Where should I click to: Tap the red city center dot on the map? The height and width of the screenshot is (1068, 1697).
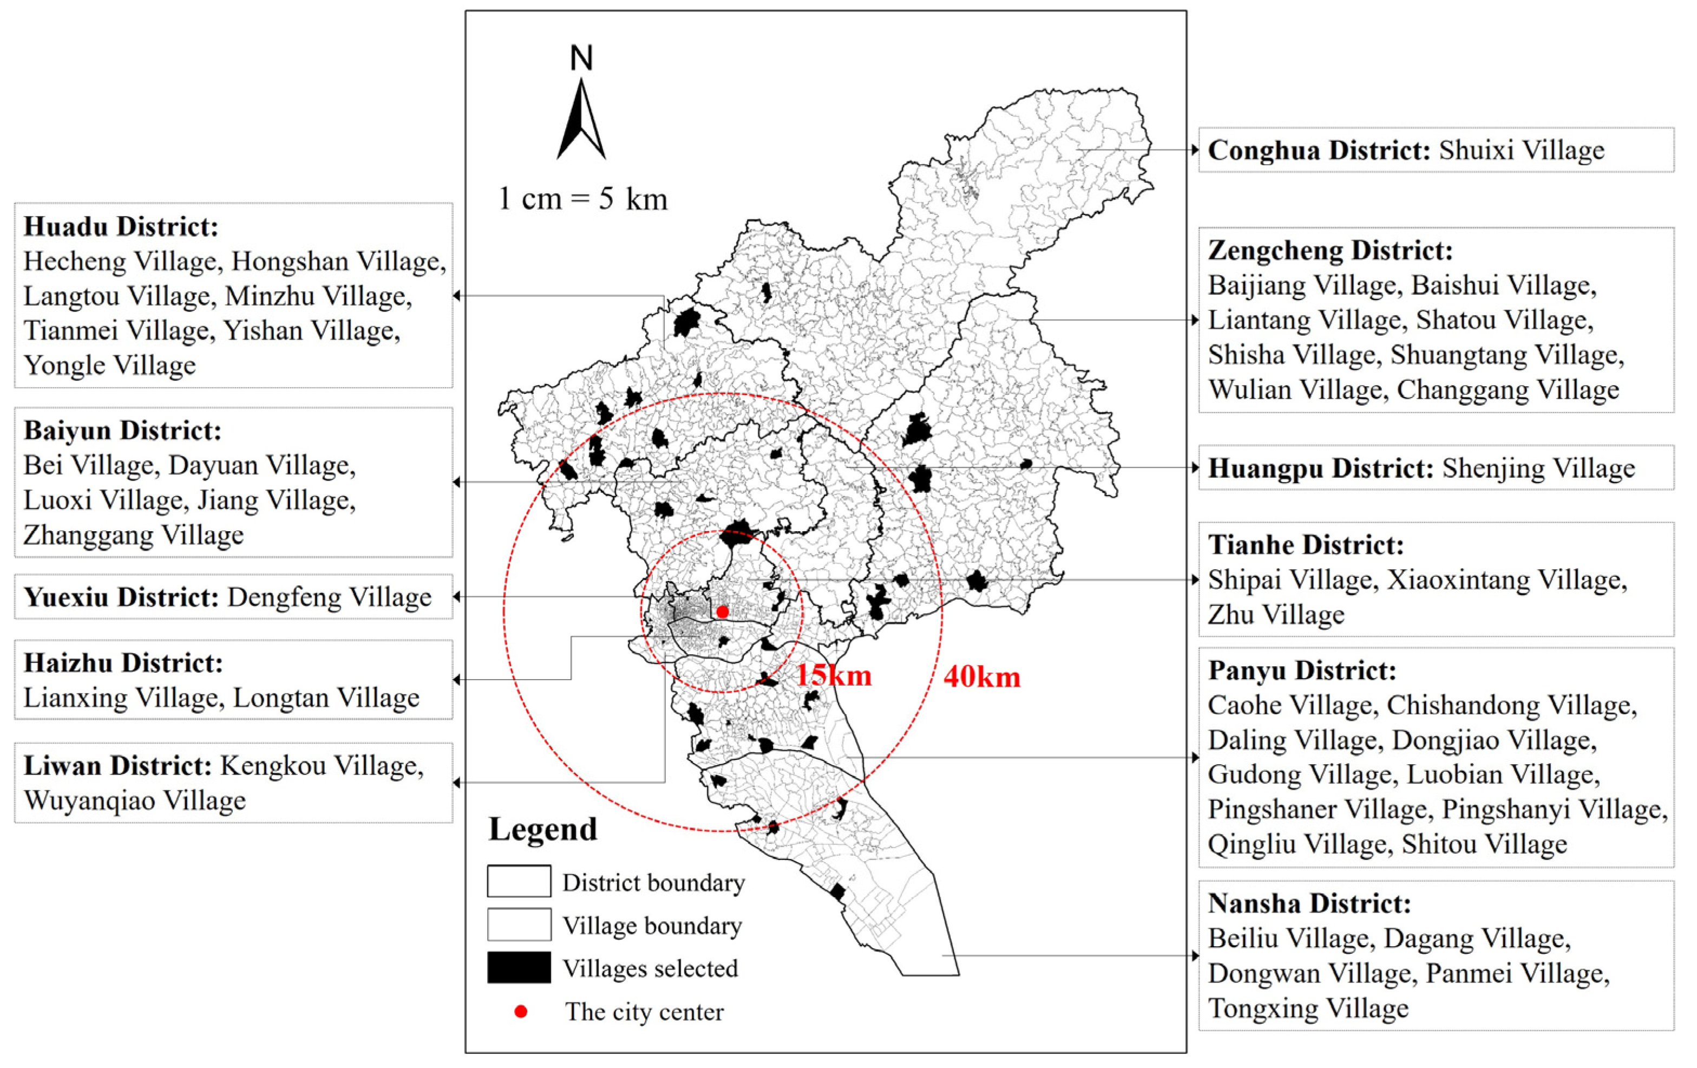point(722,612)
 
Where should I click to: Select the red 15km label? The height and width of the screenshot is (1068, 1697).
point(834,675)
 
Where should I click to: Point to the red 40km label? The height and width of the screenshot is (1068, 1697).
point(982,677)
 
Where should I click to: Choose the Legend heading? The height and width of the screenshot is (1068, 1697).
point(542,829)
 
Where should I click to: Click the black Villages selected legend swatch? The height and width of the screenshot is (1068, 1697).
point(519,967)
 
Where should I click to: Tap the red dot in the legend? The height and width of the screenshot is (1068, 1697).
point(521,1012)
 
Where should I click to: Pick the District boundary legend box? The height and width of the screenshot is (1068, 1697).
point(519,881)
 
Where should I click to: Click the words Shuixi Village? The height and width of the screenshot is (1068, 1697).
point(1522,150)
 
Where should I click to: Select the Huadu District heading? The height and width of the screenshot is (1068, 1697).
point(121,227)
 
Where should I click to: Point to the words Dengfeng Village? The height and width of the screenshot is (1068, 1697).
point(329,597)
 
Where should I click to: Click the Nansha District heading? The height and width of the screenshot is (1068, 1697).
point(1309,904)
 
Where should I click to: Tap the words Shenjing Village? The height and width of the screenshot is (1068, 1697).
point(1538,468)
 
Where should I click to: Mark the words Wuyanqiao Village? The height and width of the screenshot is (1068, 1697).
point(135,801)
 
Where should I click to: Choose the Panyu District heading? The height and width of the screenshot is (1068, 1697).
point(1302,670)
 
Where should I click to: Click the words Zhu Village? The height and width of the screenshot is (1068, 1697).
point(1276,615)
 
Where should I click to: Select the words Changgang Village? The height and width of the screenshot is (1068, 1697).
point(1508,390)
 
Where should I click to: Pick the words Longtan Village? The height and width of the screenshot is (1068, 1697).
point(326,698)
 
